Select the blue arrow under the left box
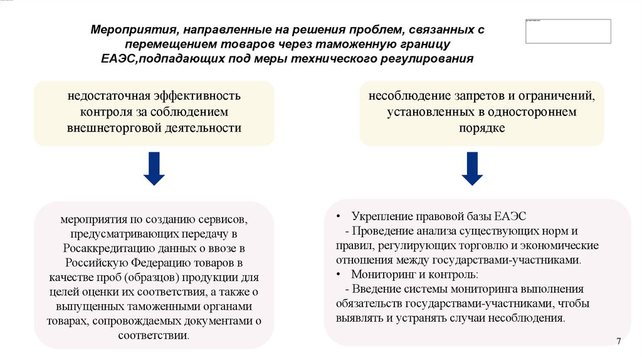pyautogui.click(x=154, y=168)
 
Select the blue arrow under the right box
pyautogui.click(x=472, y=168)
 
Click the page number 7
pyautogui.click(x=619, y=341)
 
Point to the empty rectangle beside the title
pyautogui.click(x=568, y=31)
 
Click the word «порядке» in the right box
pyautogui.click(x=481, y=127)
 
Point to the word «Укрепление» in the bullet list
pyautogui.click(x=380, y=216)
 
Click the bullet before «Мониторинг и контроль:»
pyautogui.click(x=338, y=275)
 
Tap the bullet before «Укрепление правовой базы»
pyautogui.click(x=338, y=216)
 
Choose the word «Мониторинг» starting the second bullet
pyautogui.click(x=383, y=275)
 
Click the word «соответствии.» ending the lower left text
pyautogui.click(x=154, y=335)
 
